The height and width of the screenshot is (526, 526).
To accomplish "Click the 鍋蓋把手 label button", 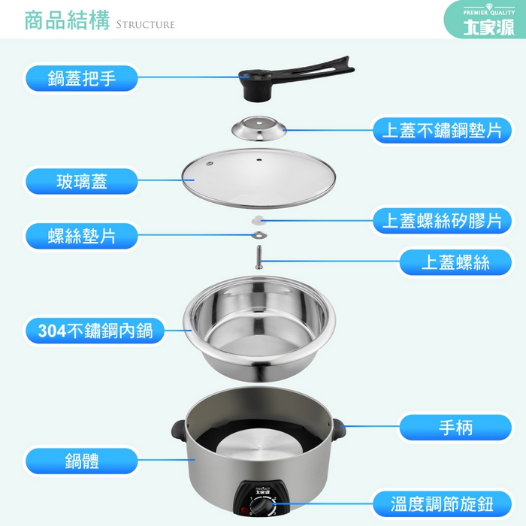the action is coord(81,78).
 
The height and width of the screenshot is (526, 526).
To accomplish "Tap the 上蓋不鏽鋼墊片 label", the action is coord(442,130).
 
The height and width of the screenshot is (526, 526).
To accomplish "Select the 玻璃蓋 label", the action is coord(81,182).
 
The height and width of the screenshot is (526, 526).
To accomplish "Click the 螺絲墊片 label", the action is coord(81,236).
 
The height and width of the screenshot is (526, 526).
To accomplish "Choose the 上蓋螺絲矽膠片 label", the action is coord(442,220).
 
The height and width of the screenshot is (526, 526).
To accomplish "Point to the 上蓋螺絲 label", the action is coord(455,262).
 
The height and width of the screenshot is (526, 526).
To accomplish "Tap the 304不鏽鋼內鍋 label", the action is coord(95,331).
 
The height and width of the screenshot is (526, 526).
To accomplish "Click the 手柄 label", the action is coord(455,428).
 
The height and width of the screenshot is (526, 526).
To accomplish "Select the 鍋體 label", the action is coord(81,461).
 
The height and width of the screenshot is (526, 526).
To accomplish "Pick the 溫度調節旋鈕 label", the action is coord(442,504).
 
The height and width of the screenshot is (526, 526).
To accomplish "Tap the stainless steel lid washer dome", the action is coord(259,128).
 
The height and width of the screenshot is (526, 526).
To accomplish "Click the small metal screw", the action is coord(258,257).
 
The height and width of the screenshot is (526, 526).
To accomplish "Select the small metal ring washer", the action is coord(259,234).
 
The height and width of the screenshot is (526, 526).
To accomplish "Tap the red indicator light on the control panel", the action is coord(244,511).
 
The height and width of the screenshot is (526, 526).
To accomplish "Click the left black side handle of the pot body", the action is coord(179,431).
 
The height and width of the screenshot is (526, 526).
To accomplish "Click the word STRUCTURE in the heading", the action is coord(145,25).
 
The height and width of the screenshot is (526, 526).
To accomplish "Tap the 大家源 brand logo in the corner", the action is coord(488,27).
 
